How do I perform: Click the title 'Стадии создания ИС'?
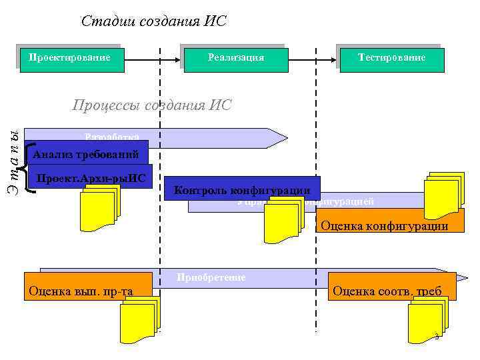pyautogui.click(x=154, y=21)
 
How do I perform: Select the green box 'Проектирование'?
pyautogui.click(x=70, y=58)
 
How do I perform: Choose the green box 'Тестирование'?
pyautogui.click(x=391, y=58)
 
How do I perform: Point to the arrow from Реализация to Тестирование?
pyautogui.click(x=313, y=59)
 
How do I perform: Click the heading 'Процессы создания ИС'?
pyautogui.click(x=151, y=105)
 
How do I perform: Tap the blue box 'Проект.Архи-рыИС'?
pyautogui.click(x=91, y=177)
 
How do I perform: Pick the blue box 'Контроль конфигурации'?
pyautogui.click(x=241, y=190)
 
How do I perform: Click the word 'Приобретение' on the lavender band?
pyautogui.click(x=211, y=277)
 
